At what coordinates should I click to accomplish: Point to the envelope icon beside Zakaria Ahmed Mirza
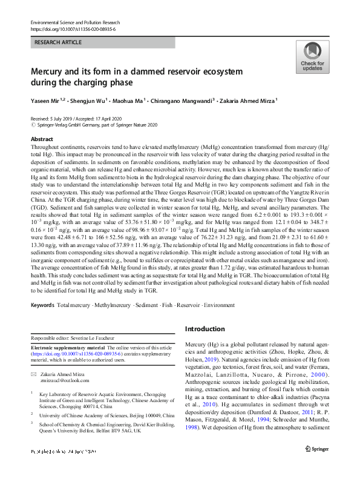(34, 375)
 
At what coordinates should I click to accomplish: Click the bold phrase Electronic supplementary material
(67, 348)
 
